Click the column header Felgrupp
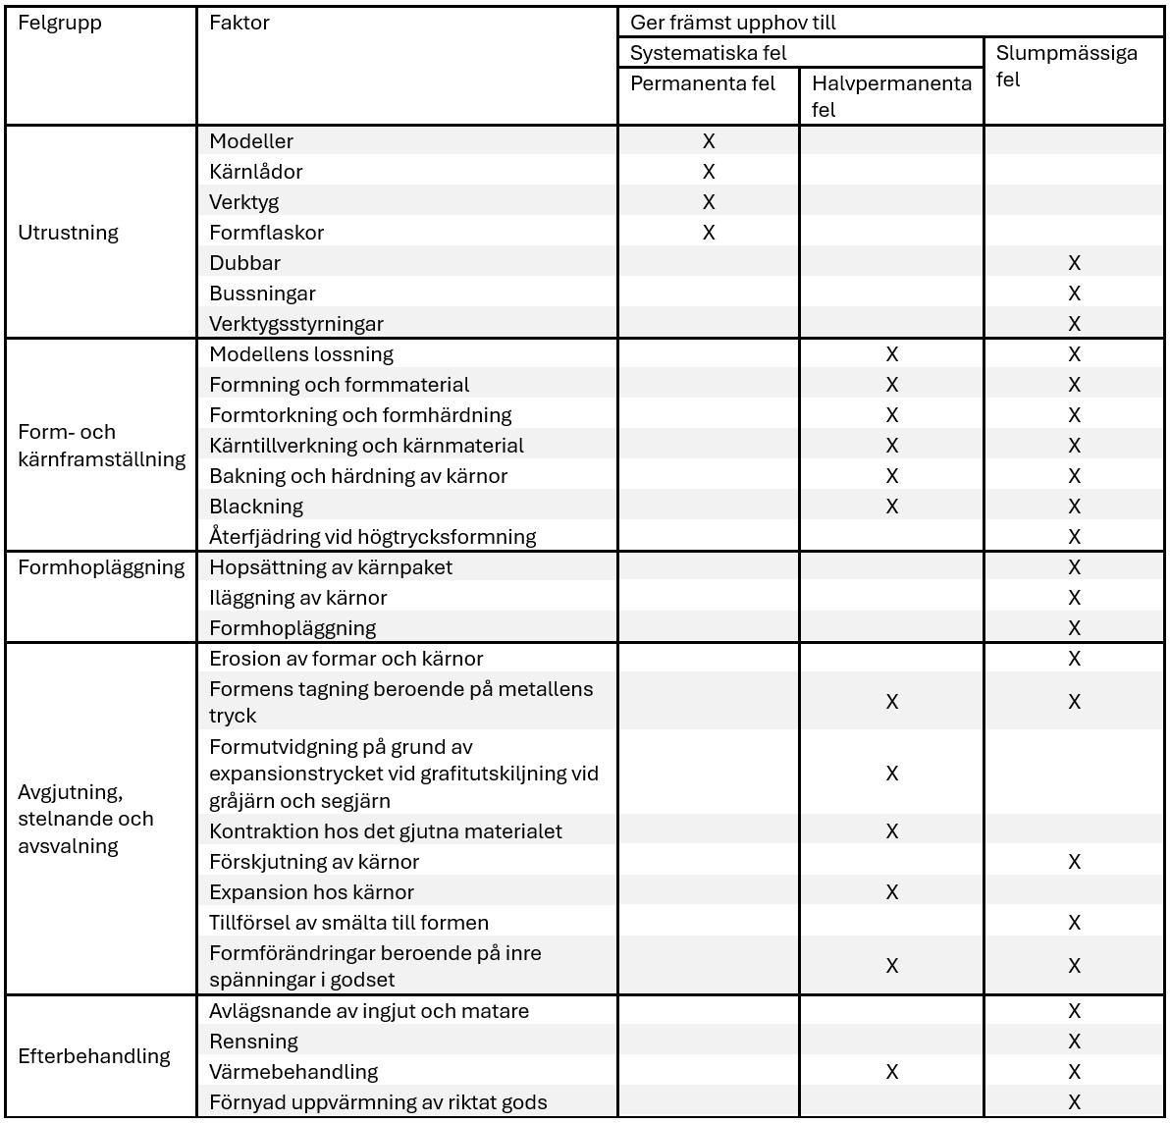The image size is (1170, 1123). (60, 23)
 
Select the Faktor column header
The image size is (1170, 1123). (239, 23)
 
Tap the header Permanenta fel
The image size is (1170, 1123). (702, 83)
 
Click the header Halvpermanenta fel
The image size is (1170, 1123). (890, 96)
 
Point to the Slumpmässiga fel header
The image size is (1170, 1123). (1066, 66)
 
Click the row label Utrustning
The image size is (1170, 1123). (69, 233)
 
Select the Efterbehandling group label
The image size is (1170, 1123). (94, 1056)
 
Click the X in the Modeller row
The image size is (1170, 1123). (709, 141)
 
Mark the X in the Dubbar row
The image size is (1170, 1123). (1074, 263)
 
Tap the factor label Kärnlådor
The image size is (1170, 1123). (255, 172)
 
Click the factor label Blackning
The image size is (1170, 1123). (256, 507)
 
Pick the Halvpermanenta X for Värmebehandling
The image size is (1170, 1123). (891, 1072)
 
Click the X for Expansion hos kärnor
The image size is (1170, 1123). (891, 892)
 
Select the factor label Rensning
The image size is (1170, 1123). (253, 1042)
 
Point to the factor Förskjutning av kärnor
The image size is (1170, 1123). (314, 862)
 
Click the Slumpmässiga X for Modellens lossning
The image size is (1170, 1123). (1074, 354)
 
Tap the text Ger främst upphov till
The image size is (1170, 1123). (733, 23)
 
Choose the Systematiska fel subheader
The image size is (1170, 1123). (708, 53)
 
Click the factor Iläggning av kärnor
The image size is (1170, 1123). (298, 598)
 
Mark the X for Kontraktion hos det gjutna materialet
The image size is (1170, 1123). (891, 831)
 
